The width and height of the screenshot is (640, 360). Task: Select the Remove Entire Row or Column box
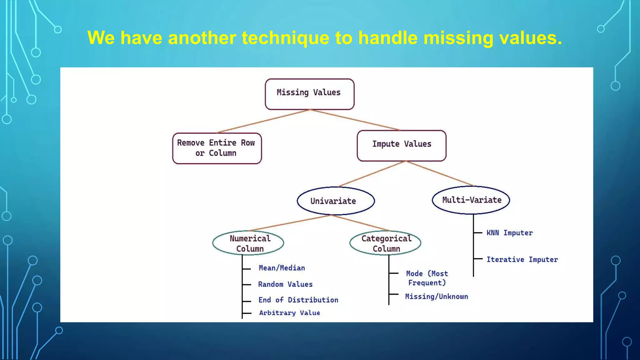click(217, 148)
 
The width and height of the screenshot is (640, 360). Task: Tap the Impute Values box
click(402, 145)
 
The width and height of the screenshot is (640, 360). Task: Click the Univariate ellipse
click(336, 201)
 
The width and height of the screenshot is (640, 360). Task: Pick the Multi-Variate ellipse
click(471, 200)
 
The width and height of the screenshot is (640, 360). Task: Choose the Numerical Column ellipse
click(248, 243)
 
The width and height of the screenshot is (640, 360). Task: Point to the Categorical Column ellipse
click(385, 243)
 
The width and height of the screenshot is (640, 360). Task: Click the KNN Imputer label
click(509, 233)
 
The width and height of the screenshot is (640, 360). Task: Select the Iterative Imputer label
click(522, 259)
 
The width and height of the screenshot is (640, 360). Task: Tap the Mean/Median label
click(282, 268)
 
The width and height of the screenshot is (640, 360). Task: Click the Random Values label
click(285, 284)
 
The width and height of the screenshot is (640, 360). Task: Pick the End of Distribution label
click(298, 300)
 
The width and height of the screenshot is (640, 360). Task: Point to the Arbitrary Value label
click(289, 313)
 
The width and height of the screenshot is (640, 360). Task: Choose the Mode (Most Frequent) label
click(427, 278)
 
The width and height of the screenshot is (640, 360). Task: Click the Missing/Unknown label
click(437, 297)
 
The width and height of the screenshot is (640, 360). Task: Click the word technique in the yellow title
click(286, 38)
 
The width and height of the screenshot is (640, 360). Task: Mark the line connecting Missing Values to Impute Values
click(356, 120)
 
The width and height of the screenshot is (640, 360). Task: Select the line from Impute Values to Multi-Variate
click(440, 173)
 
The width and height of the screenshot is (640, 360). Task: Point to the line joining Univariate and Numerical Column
click(290, 223)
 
